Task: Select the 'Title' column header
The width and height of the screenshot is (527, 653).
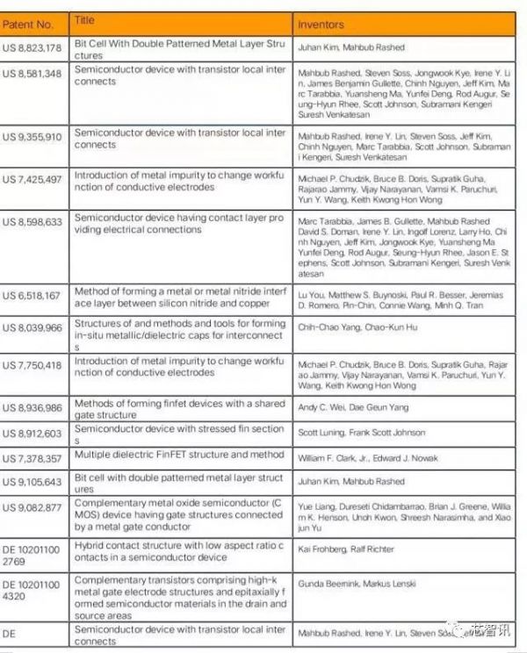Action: (x=85, y=19)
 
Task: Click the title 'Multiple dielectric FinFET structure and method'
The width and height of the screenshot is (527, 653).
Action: (x=178, y=455)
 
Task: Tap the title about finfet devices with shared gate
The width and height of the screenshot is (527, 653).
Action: (x=178, y=408)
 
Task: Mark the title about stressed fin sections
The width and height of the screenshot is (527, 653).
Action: (x=178, y=434)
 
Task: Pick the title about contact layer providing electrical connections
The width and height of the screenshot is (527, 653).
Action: (x=178, y=223)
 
